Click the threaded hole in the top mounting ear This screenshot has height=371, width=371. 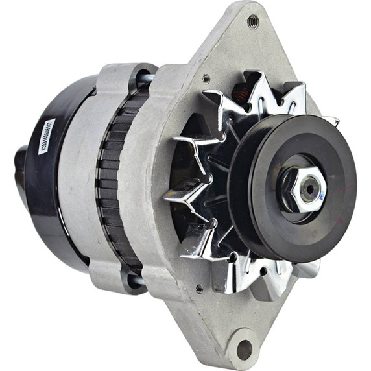pos(252,21)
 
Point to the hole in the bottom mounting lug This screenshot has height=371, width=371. pos(245,349)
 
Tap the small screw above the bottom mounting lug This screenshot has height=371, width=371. pos(198,289)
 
